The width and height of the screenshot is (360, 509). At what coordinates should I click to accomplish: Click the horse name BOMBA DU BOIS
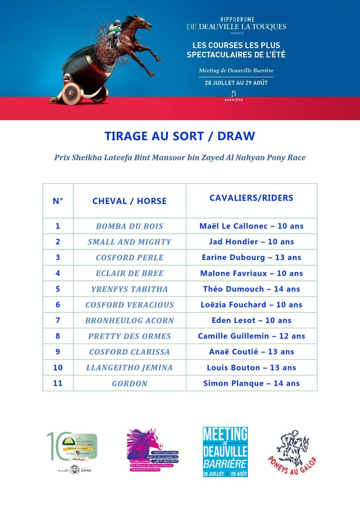(x=129, y=226)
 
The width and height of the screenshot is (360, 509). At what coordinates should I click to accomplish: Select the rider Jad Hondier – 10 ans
(x=251, y=242)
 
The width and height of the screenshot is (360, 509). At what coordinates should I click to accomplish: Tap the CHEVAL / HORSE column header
(x=129, y=201)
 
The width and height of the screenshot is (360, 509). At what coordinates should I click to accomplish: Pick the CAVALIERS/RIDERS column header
(x=251, y=198)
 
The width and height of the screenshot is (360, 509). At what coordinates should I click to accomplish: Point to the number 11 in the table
(x=58, y=383)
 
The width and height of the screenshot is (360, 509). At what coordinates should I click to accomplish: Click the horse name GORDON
(x=129, y=383)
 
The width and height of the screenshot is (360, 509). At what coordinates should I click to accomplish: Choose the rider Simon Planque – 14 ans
(x=251, y=383)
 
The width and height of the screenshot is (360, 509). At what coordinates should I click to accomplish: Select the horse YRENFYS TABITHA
(x=129, y=289)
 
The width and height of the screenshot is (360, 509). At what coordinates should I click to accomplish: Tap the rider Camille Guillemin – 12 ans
(x=251, y=336)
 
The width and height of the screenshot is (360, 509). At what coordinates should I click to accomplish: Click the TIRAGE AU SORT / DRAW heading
(x=180, y=136)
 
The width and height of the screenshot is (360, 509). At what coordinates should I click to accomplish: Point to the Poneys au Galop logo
(x=292, y=452)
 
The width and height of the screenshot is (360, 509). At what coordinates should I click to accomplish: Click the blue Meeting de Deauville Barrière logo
(x=225, y=452)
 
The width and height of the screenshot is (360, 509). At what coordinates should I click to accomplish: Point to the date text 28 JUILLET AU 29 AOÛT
(x=236, y=83)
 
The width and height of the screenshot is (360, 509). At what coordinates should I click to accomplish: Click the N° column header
(x=58, y=201)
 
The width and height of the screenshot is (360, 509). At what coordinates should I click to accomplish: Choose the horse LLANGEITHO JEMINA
(x=129, y=368)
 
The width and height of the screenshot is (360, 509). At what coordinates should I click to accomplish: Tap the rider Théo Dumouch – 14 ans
(x=251, y=289)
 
